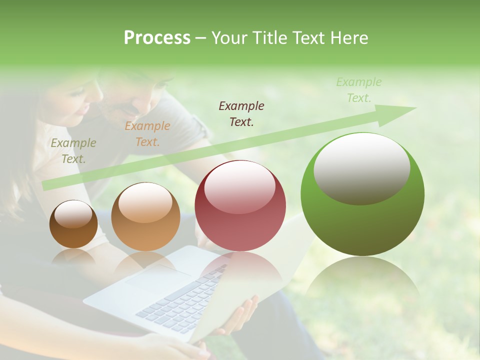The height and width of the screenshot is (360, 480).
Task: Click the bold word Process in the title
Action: click(x=157, y=38)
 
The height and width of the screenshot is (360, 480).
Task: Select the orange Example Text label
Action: click(x=147, y=134)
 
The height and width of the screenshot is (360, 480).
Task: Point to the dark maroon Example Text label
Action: click(x=241, y=113)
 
